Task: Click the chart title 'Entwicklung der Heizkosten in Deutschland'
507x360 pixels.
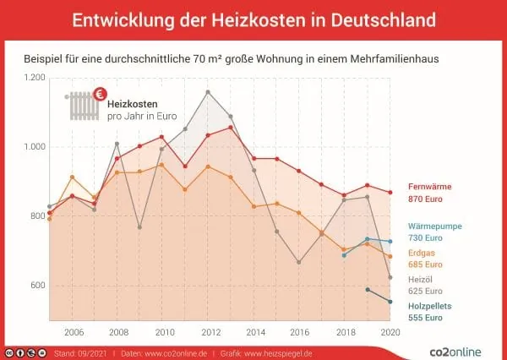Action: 253,19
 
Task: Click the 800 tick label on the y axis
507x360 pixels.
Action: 37,216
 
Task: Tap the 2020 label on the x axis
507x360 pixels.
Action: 390,332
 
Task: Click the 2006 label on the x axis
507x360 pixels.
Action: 72,332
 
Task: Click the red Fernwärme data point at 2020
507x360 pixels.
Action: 390,193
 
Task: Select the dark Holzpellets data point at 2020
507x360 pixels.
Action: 390,302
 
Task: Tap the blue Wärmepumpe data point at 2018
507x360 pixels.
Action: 344,254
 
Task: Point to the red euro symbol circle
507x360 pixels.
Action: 100,94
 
